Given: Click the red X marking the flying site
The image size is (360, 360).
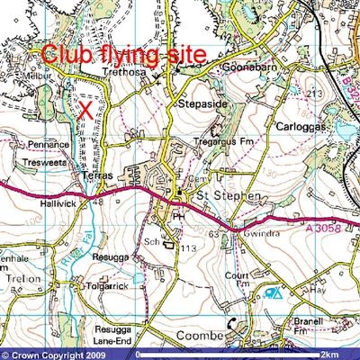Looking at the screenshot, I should (85, 110).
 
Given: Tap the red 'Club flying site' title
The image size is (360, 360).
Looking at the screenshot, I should (123, 54).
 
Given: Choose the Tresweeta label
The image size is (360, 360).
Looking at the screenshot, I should (49, 162).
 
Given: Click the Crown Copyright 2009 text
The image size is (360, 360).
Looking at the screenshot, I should (54, 353).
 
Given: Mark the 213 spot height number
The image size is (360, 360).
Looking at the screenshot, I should (315, 93).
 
